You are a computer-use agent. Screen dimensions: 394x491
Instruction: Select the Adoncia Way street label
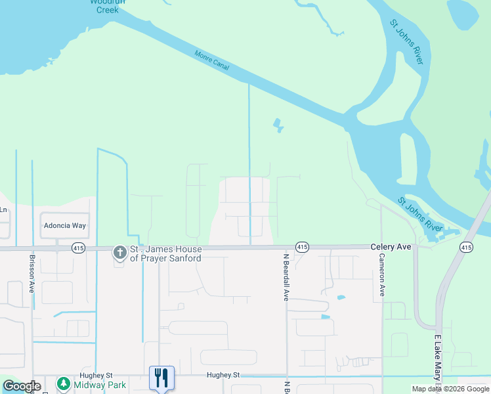[65, 225]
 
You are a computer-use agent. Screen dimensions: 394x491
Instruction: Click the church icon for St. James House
[119, 252]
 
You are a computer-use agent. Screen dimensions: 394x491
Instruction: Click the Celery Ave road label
[391, 246]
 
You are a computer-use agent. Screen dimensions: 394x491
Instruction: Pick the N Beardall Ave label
[286, 277]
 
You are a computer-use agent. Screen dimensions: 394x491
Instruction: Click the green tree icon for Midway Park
[64, 383]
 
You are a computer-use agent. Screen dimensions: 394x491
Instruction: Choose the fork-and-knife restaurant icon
[161, 378]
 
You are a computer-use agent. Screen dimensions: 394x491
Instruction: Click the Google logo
[21, 386]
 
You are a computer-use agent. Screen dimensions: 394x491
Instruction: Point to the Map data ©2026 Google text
[450, 389]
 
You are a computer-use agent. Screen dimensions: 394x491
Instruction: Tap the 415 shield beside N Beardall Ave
[302, 247]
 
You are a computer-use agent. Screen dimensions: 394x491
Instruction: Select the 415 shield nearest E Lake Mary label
[465, 247]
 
